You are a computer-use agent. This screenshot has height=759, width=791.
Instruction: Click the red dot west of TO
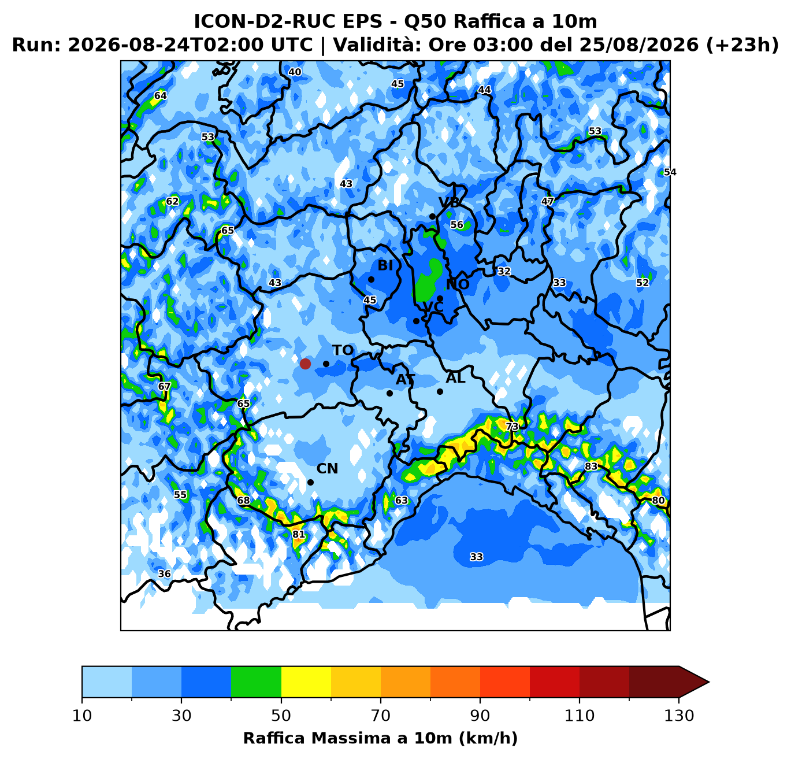[x=305, y=364]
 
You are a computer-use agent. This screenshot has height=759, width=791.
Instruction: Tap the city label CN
[x=327, y=469]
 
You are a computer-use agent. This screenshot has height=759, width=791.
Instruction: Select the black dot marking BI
[x=371, y=279]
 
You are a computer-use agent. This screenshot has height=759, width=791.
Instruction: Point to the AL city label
[x=455, y=378]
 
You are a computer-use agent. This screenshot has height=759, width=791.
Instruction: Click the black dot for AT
[x=389, y=393]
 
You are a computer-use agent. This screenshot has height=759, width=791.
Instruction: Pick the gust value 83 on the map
[x=591, y=466]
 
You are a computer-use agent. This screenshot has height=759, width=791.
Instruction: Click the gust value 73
[x=512, y=427]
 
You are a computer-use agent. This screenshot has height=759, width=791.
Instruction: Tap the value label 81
[x=298, y=535]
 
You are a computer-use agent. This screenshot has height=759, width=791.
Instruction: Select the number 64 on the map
[x=160, y=95]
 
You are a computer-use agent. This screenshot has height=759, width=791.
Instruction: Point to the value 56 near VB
[x=456, y=224]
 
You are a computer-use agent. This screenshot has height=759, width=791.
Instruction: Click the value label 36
[x=164, y=574]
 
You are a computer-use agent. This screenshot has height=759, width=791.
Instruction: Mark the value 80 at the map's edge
[x=658, y=501]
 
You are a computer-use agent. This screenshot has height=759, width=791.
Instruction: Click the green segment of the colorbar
[x=256, y=682]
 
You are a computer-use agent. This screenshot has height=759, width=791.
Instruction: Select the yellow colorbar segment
[x=306, y=682]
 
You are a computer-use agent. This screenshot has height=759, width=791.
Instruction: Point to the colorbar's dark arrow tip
[x=709, y=682]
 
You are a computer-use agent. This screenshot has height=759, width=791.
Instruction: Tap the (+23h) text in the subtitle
[x=742, y=45]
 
